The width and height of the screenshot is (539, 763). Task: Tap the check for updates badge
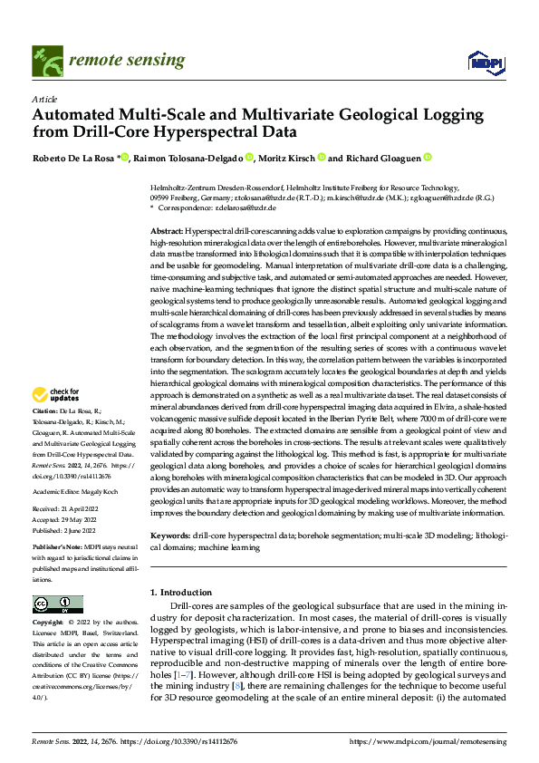pyautogui.click(x=53, y=394)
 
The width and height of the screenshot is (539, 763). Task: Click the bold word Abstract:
pyautogui.click(x=168, y=233)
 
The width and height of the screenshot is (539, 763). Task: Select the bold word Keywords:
pyautogui.click(x=171, y=536)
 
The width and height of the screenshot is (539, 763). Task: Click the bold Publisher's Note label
pyautogui.click(x=58, y=549)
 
